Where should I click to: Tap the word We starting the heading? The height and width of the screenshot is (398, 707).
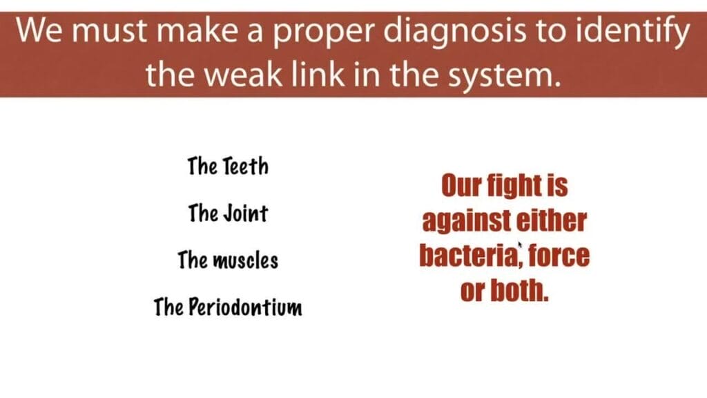point(39,30)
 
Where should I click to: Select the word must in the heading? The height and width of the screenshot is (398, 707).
point(109,32)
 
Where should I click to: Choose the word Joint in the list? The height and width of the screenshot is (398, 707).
point(246,213)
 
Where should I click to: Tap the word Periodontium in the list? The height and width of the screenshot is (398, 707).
point(245,307)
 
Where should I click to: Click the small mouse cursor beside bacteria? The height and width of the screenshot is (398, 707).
point(519,245)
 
